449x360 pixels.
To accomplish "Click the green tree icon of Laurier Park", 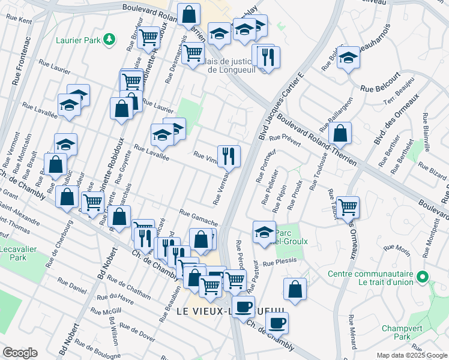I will (x=109, y=40).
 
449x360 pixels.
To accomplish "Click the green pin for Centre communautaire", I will (x=423, y=277).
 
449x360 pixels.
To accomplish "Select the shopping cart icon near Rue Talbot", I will (x=348, y=206).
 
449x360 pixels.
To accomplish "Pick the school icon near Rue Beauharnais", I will (x=348, y=58).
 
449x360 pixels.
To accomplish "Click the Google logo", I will (x=20, y=353).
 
